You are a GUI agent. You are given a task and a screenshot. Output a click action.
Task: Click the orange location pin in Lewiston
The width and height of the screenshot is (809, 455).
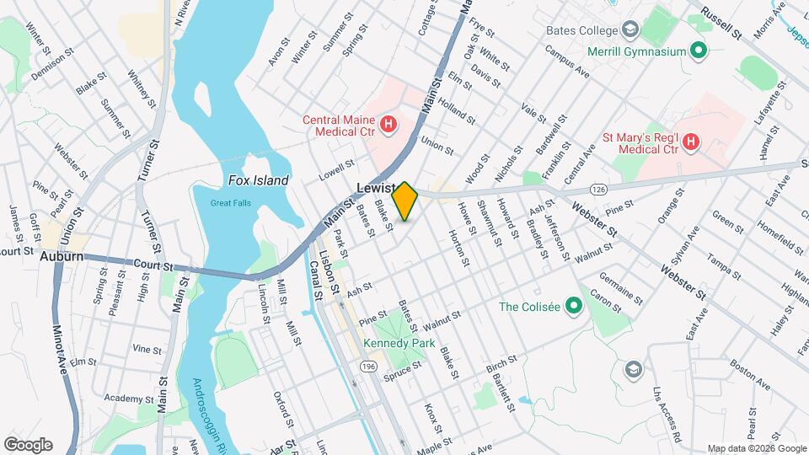click(x=405, y=201)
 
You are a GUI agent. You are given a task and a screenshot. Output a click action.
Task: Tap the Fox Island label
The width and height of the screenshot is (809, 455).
click(x=259, y=180)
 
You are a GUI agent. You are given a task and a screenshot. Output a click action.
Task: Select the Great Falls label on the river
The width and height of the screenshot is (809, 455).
click(x=232, y=202)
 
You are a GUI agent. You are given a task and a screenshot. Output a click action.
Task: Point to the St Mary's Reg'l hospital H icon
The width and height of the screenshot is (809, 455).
click(x=690, y=142)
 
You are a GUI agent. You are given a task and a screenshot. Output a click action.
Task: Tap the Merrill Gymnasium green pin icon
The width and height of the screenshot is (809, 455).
click(x=698, y=51)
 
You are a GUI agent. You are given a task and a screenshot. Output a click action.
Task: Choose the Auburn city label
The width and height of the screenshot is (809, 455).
click(x=62, y=256)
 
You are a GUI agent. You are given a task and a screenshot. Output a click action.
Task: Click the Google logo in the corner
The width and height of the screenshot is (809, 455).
click(x=28, y=444)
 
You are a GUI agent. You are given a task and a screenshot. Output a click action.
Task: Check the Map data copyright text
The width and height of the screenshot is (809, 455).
click(x=756, y=448)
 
